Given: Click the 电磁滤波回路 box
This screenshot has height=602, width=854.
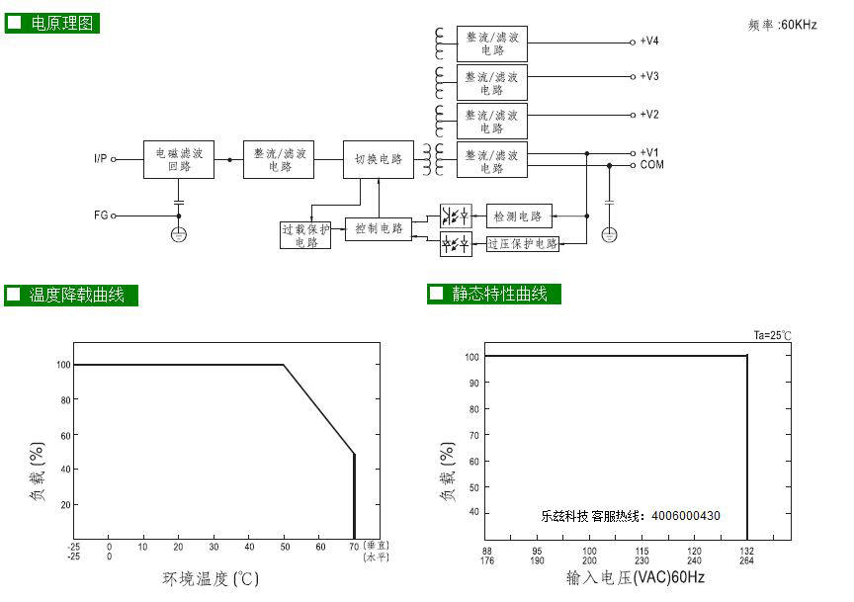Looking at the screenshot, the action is tap(179, 159).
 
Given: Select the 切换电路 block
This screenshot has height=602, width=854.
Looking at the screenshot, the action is tap(379, 159).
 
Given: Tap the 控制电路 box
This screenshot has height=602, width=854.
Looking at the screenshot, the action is tap(379, 228).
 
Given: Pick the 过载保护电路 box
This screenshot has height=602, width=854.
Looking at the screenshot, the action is tap(305, 235).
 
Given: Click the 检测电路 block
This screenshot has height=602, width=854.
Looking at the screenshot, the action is tap(519, 216).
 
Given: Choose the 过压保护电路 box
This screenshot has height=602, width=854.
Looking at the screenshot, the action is tap(522, 243).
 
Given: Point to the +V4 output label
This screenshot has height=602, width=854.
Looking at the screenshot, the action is tap(649, 41).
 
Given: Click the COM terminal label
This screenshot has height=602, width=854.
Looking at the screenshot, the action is tap(652, 164).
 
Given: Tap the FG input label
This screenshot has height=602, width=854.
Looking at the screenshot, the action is tap(101, 215).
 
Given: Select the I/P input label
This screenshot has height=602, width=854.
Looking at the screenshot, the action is tap(100, 158).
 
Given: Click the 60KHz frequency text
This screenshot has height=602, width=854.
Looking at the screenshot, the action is tap(799, 25).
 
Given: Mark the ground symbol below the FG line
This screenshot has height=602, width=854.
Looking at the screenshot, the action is tap(179, 235).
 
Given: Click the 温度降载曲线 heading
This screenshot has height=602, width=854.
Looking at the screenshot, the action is tap(76, 295).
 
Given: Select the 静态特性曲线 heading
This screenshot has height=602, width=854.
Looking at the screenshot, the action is tap(499, 294).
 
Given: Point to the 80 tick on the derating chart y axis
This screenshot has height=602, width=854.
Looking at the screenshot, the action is tap(66, 400).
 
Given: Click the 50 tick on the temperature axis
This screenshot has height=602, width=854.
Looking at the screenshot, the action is tap(285, 547).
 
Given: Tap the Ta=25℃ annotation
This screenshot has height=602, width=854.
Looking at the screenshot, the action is tap(772, 335).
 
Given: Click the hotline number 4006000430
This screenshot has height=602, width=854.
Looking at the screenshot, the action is tap(686, 515).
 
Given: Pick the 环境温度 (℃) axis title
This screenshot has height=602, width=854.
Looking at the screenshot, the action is tap(211, 578).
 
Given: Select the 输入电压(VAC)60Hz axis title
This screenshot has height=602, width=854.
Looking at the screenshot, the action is tap(635, 577).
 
